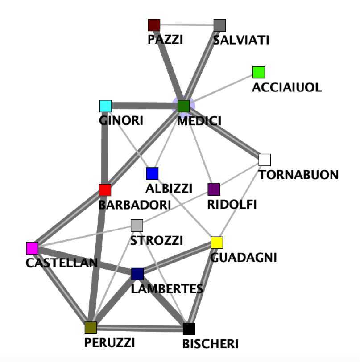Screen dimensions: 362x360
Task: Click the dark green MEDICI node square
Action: click(184, 106)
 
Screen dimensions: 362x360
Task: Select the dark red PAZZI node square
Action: click(154, 25)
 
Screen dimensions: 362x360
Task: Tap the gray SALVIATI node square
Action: click(220, 25)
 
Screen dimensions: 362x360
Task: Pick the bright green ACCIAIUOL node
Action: click(259, 72)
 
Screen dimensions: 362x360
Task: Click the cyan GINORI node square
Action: click(105, 106)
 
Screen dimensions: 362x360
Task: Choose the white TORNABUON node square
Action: click(265, 160)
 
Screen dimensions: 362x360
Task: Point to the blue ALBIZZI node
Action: click(152, 173)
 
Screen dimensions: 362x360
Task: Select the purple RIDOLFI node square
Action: click(214, 189)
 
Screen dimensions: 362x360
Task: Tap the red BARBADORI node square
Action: click(105, 190)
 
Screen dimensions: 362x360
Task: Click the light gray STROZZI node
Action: click(137, 226)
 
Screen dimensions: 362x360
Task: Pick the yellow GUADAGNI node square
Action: click(217, 243)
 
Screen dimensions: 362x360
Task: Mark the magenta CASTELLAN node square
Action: click(32, 248)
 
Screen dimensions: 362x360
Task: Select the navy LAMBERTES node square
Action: click(137, 274)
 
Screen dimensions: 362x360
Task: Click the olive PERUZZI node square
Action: click(91, 328)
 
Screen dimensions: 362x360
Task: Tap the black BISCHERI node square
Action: click(189, 329)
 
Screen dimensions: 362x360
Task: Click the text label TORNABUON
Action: click(299, 175)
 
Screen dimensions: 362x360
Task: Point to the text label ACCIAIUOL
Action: click(287, 87)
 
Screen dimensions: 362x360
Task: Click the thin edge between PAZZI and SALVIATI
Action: click(187, 25)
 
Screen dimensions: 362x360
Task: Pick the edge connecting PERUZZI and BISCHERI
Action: click(140, 329)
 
